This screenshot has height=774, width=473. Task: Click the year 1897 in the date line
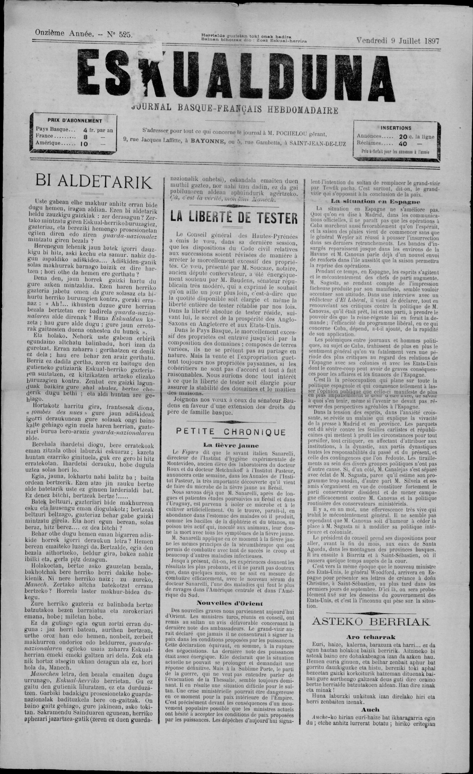pos(432,41)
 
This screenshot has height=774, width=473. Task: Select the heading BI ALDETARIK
pos(94,182)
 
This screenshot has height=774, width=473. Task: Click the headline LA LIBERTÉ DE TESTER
pos(234,217)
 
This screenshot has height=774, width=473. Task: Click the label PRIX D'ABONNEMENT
pos(75,120)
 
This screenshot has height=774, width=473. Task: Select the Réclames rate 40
pos(403,144)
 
